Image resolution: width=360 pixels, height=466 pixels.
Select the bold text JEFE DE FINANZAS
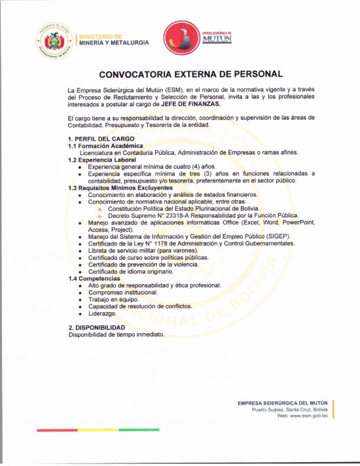(x=196, y=104)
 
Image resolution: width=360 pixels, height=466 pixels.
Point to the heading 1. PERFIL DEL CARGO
(x=101, y=138)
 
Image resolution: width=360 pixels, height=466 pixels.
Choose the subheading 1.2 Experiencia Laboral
(x=103, y=160)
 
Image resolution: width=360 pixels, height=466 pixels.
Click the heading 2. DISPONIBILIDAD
(x=97, y=327)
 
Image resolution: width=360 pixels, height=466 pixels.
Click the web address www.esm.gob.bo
(x=303, y=416)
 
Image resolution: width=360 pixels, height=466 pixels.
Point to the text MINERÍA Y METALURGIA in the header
(x=113, y=43)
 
